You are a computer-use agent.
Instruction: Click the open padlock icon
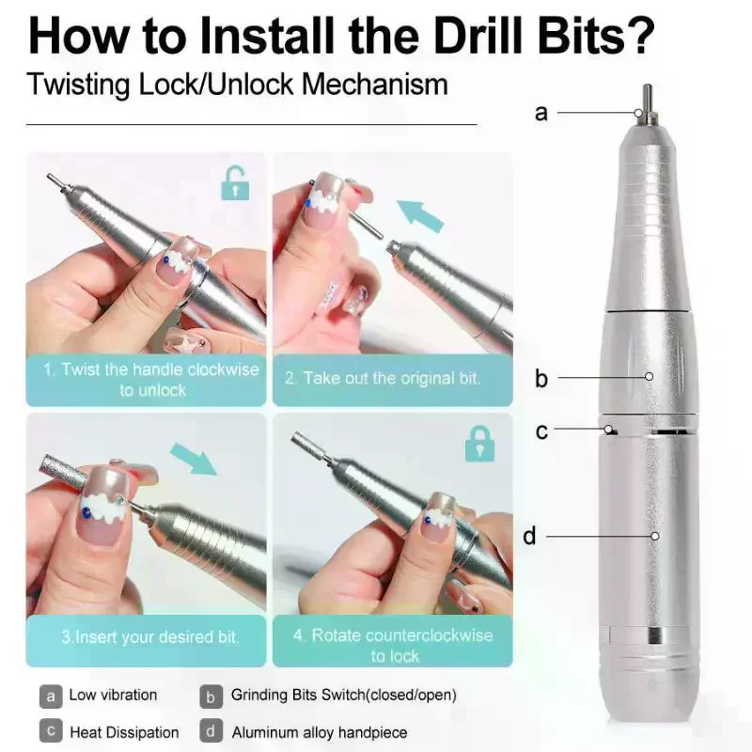(235, 183)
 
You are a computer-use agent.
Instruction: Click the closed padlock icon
(479, 444)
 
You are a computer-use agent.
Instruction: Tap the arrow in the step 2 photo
(420, 215)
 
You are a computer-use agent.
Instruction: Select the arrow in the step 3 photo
(194, 459)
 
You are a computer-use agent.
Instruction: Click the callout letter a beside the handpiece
(541, 114)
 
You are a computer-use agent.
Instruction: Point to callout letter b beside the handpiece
(541, 378)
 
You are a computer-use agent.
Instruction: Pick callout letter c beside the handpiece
(541, 431)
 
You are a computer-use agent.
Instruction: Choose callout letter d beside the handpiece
(529, 535)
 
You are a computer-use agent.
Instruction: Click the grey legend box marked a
(51, 697)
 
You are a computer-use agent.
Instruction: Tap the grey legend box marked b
(211, 697)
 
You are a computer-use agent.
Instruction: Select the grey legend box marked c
(51, 731)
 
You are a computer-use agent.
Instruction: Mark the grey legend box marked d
(211, 731)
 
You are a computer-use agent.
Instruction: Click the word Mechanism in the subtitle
(375, 85)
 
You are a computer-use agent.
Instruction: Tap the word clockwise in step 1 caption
(223, 369)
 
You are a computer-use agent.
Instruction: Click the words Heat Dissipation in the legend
(124, 732)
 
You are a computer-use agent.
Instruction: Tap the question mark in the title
(640, 36)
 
